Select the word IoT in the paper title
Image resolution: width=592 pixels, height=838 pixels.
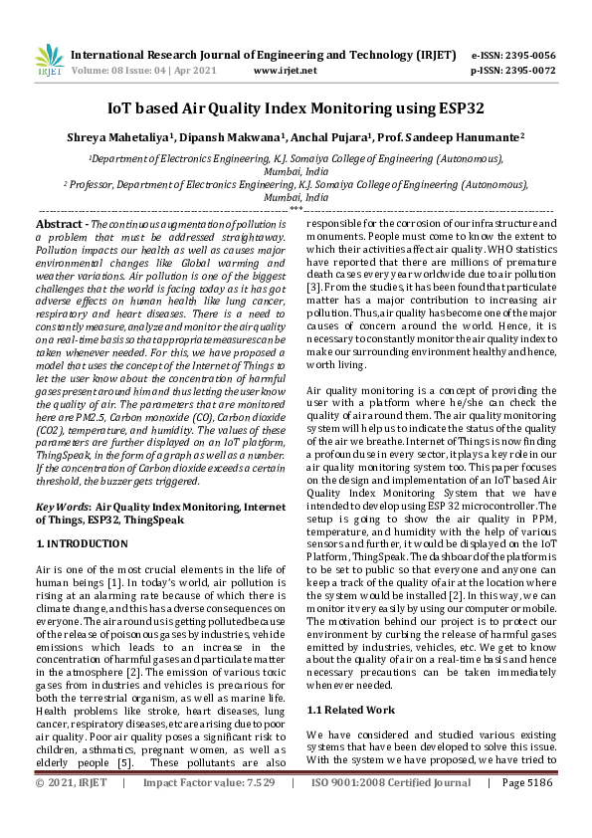(121, 107)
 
